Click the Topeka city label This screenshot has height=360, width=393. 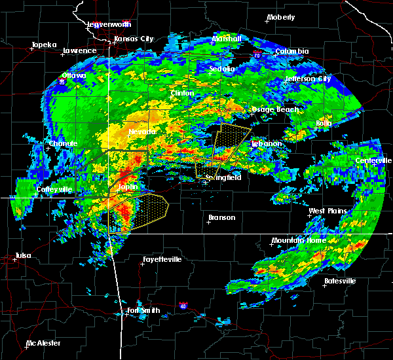44,45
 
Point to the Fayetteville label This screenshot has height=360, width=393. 162,259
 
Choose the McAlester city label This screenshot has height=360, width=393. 45,343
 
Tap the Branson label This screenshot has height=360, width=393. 222,217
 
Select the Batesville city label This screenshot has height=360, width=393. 340,281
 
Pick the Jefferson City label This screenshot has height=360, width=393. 309,79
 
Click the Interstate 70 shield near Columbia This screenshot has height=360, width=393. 258,56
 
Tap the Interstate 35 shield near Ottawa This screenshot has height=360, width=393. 62,82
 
